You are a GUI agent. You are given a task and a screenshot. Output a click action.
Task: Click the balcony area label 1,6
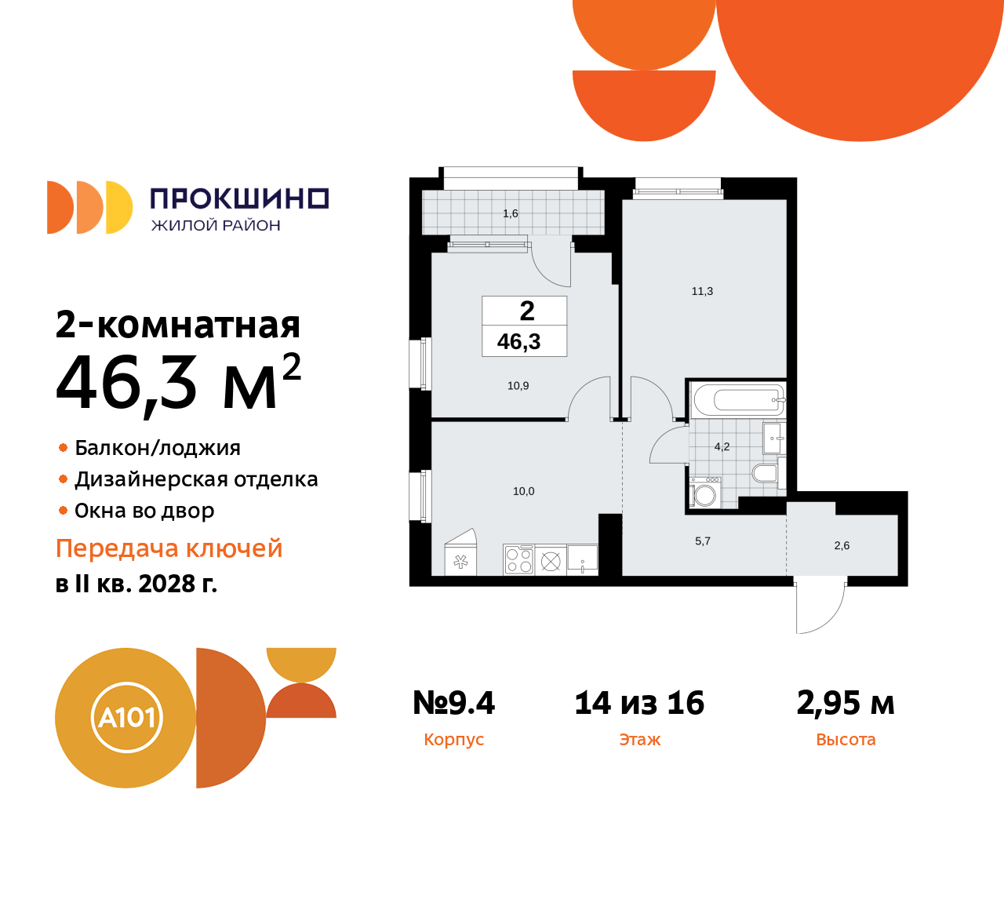click(510, 213)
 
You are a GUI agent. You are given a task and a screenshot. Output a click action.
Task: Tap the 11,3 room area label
click(702, 291)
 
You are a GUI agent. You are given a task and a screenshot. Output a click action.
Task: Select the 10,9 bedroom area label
click(518, 386)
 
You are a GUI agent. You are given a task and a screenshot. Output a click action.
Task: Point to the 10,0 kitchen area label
click(523, 492)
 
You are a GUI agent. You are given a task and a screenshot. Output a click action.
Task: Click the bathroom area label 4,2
click(722, 447)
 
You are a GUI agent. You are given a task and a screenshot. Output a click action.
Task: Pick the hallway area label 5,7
click(703, 541)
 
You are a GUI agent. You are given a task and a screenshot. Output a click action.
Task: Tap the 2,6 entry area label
click(842, 546)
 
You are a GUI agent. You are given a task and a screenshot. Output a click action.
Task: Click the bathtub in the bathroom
click(738, 401)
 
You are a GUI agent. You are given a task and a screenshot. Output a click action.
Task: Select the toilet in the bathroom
click(764, 472)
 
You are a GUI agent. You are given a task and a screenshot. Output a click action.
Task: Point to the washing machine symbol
click(705, 495)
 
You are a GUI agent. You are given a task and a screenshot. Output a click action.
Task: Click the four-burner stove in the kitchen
click(518, 560)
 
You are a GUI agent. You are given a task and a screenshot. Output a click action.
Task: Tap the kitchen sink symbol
click(582, 559)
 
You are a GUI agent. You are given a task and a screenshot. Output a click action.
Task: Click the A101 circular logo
click(126, 718)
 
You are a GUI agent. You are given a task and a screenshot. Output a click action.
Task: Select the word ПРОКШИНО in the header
click(239, 198)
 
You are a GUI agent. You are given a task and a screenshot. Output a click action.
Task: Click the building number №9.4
click(453, 703)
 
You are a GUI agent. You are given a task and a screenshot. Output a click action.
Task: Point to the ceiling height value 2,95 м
click(846, 703)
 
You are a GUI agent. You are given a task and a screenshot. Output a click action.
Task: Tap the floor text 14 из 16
click(639, 703)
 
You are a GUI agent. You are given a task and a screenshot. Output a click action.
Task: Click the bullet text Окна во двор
click(144, 511)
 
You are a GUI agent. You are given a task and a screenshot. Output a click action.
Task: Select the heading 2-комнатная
click(178, 325)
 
